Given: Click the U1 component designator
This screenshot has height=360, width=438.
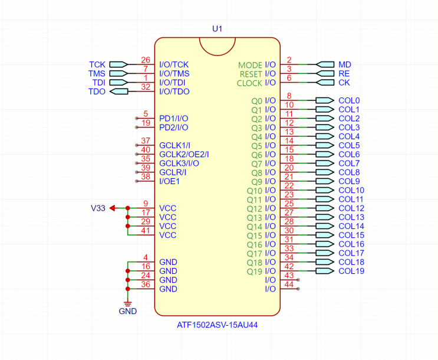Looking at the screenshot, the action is point(217,29).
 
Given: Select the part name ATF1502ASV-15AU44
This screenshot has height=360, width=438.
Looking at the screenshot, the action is point(218,325).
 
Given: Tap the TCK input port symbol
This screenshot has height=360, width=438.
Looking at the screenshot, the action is point(118,64).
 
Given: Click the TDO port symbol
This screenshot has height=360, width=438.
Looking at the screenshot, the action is point(118,91).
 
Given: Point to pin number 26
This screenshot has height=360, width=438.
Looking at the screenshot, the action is point(146,60).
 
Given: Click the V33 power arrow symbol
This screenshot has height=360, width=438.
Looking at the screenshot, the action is point(112,208).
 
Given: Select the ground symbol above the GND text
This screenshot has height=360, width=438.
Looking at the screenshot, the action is point(128,304).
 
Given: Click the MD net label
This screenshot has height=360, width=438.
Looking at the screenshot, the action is point(345,64).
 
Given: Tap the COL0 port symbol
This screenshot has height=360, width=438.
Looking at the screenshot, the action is point(325,100).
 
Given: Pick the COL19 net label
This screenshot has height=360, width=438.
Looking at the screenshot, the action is point(351,271).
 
